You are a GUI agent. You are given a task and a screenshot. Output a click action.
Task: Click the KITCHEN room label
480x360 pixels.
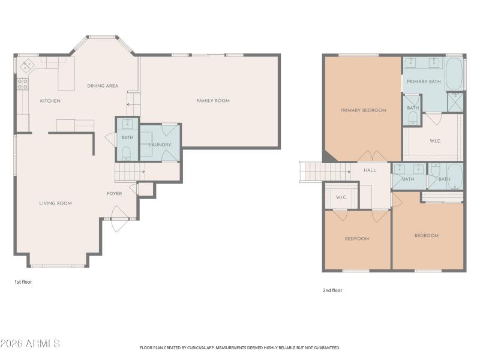tap(50, 101)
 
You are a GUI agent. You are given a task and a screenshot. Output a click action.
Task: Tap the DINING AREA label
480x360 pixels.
tap(103, 86)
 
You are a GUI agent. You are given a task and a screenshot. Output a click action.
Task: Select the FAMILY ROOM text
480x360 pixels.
tap(213, 101)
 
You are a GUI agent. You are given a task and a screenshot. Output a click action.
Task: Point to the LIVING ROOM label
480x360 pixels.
tap(55, 203)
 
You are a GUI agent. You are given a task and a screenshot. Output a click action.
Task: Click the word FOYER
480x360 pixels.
tap(114, 194)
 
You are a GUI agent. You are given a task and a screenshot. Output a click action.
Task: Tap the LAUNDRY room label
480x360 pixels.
tap(160, 145)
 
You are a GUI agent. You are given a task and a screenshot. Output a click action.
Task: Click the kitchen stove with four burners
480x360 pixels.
tap(23, 84)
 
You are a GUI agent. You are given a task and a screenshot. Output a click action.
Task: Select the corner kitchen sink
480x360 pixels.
tap(28, 65)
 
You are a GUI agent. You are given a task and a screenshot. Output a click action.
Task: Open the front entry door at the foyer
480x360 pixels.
tap(117, 215)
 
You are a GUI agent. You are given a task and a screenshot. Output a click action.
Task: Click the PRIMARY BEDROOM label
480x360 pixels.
tap(363, 110)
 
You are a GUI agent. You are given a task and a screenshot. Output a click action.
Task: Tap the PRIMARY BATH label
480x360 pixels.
tap(424, 81)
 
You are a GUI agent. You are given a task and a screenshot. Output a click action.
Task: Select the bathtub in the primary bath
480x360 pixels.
tap(454, 73)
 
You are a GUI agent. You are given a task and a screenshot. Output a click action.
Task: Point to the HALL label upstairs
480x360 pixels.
tap(370, 170)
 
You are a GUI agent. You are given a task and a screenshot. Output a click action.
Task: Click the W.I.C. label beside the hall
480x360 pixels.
tap(341, 197)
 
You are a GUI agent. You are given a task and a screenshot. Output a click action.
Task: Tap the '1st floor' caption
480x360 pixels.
tap(24, 281)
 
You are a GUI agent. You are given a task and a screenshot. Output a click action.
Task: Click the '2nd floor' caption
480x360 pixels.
tap(332, 290)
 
